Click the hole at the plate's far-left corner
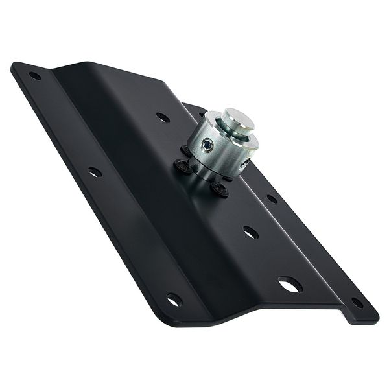click(34, 76)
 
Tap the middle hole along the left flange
click(95, 172)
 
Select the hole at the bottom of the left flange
click(173, 300)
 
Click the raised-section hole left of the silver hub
click(163, 117)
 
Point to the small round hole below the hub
click(250, 231)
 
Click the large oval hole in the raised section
click(290, 284)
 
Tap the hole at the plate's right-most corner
click(357, 302)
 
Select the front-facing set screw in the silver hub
click(207, 146)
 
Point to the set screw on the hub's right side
click(245, 164)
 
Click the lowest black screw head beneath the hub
click(220, 189)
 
